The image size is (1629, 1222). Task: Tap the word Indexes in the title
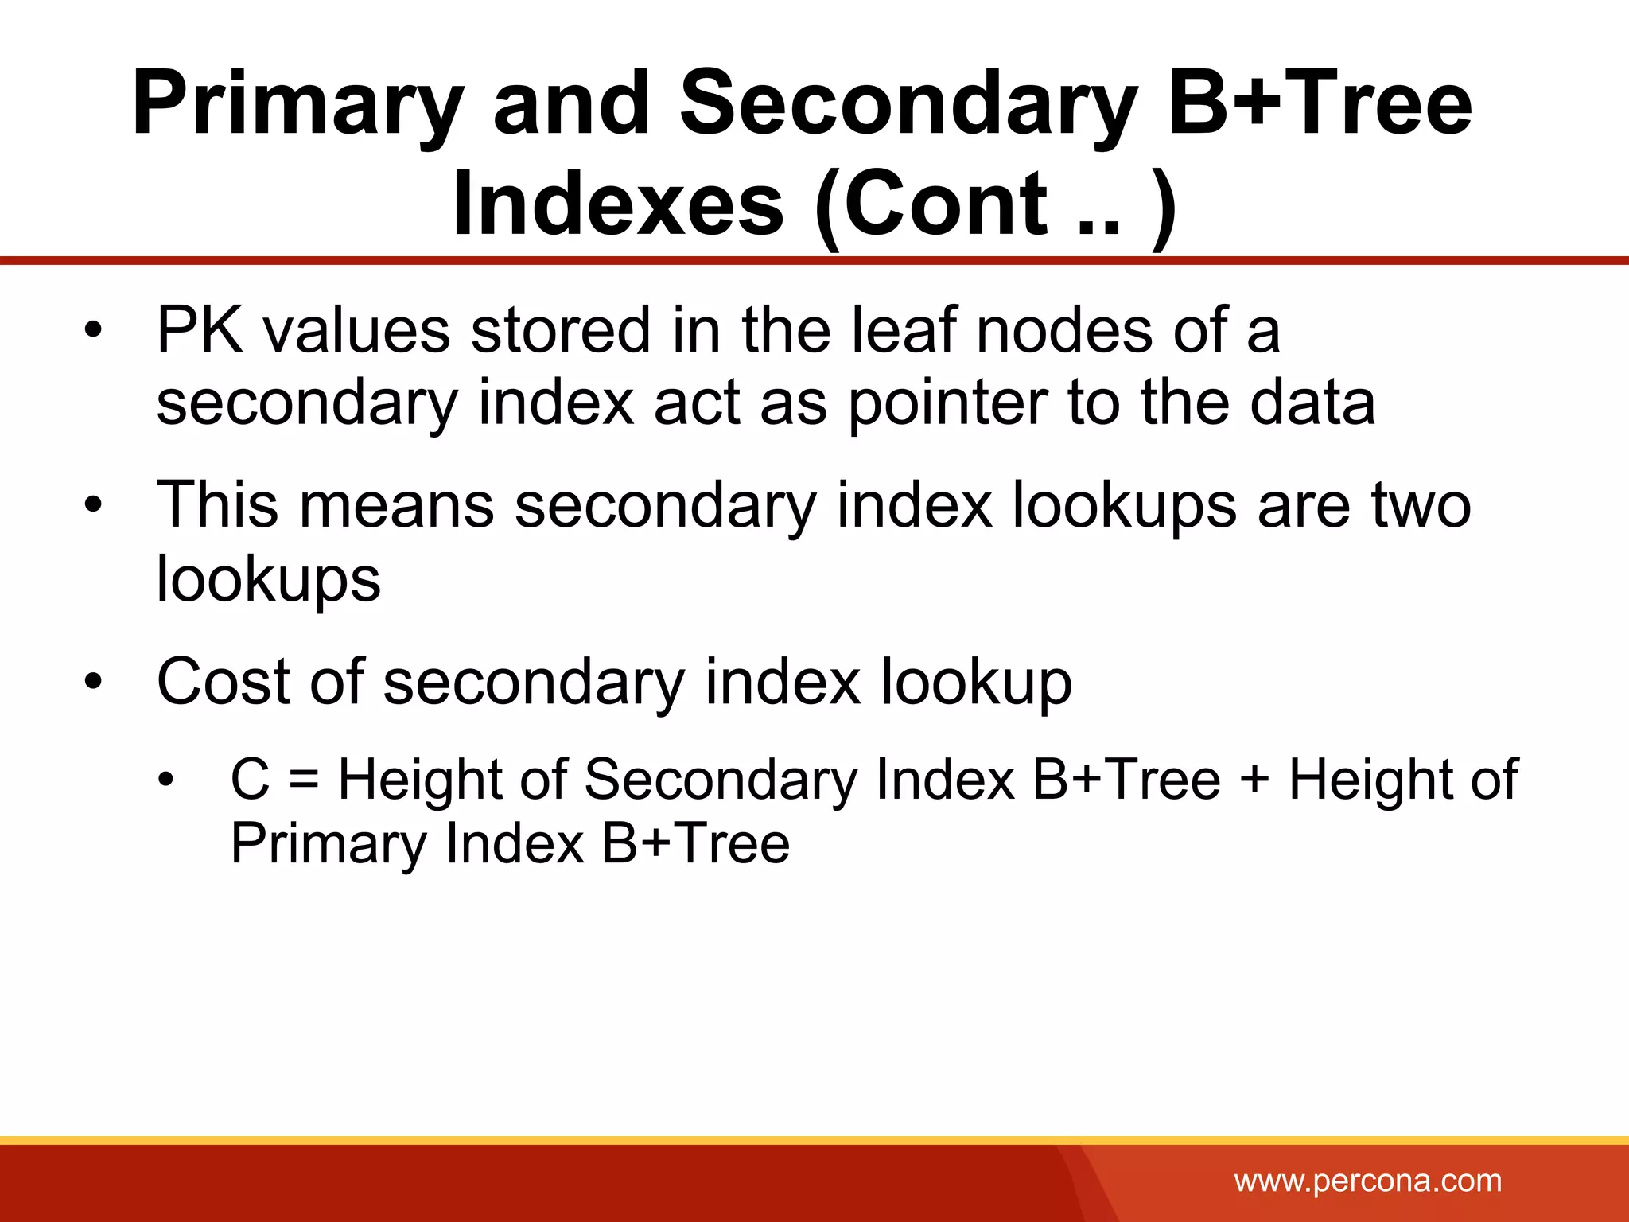click(x=618, y=204)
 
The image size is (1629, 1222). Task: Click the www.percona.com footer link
click(x=1367, y=1181)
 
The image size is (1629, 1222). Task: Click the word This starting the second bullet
click(x=217, y=505)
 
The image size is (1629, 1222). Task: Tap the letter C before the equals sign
click(x=250, y=779)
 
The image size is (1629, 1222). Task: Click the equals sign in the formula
click(x=304, y=779)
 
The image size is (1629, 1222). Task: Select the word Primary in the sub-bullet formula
click(x=329, y=843)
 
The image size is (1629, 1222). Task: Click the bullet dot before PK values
click(x=94, y=330)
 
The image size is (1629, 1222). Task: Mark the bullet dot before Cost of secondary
click(x=94, y=682)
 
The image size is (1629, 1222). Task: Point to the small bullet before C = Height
click(x=165, y=780)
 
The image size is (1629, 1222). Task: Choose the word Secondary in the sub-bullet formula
click(x=720, y=779)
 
